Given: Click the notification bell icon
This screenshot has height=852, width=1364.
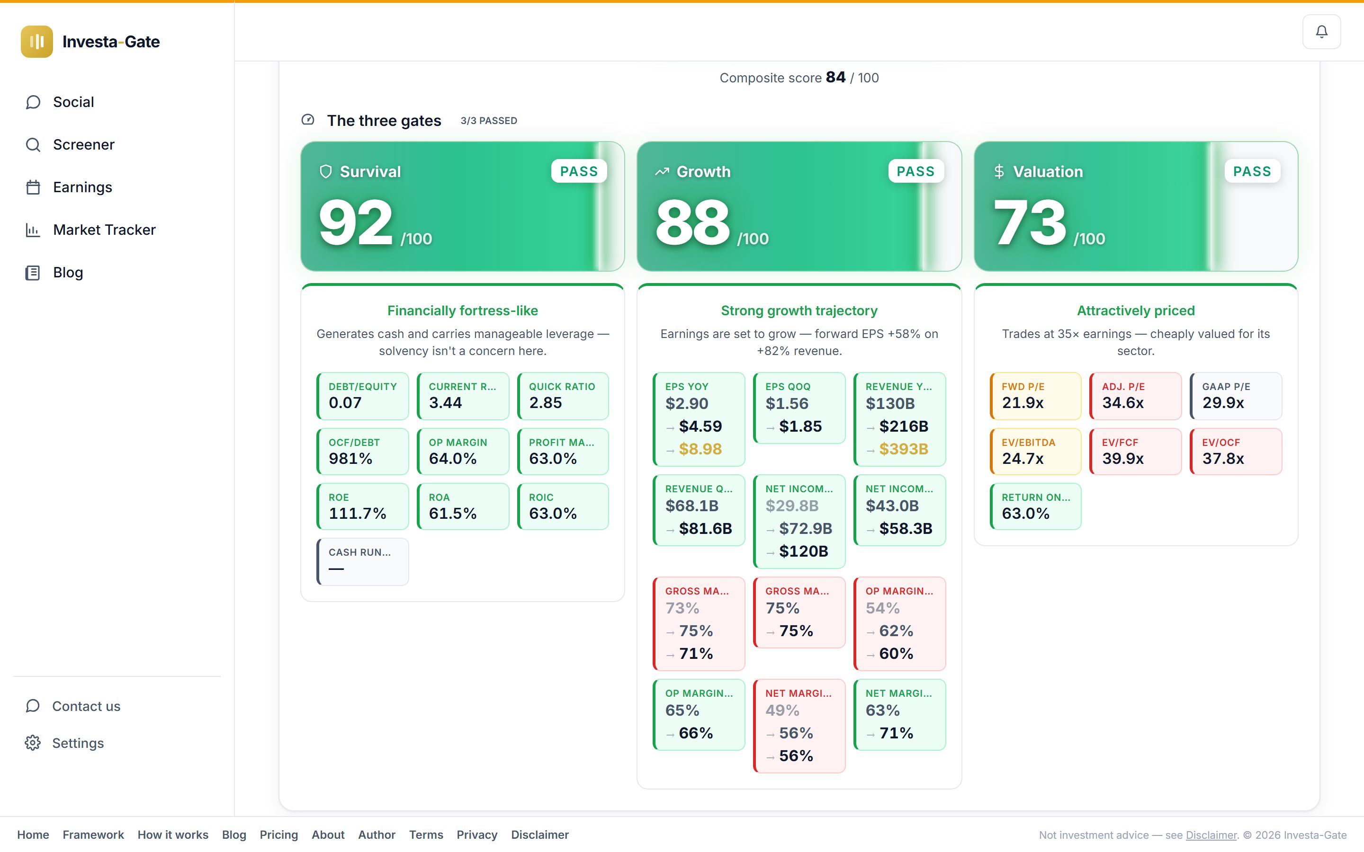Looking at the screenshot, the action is point(1321,32).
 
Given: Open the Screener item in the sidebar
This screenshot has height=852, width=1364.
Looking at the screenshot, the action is point(83,145).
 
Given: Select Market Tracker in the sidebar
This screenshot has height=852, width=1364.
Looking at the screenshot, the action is point(104,230).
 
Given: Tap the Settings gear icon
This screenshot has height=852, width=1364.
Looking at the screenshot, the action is point(33,743).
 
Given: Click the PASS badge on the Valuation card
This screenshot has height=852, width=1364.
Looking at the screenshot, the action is point(1252,171).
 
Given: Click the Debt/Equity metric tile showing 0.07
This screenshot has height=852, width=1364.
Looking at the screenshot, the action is point(362,396).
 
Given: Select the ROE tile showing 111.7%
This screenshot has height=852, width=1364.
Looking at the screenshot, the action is point(362,506).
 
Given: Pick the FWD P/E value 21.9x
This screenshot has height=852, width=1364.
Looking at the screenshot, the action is point(1023,403).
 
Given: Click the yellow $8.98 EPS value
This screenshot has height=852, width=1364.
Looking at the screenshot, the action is point(700,449).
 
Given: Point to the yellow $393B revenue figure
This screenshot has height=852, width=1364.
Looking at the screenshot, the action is point(904,449).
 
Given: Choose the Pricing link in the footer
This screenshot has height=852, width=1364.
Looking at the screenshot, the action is point(278,834).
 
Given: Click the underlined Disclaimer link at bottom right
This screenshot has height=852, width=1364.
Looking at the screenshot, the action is point(1211,835).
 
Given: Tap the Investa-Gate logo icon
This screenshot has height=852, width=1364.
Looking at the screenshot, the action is point(36,42).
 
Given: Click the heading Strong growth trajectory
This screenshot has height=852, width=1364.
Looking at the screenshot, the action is point(799,311).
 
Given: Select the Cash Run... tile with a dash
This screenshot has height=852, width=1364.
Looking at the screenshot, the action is point(362,561).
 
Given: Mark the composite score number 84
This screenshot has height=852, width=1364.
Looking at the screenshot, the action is point(835,77).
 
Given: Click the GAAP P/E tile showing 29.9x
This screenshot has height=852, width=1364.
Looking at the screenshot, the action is point(1236,396).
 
